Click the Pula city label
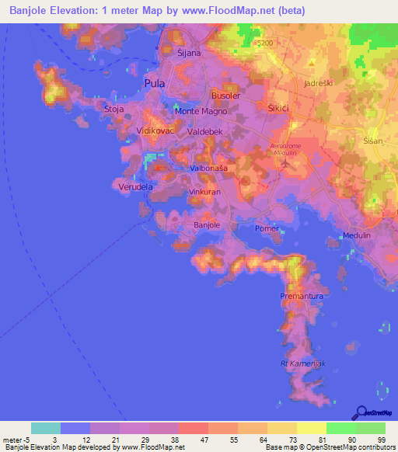pyautogui.click(x=155, y=83)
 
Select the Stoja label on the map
pyautogui.click(x=114, y=110)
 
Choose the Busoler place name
pyautogui.click(x=226, y=96)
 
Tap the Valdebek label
pyautogui.click(x=205, y=133)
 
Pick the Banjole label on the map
pyautogui.click(x=206, y=225)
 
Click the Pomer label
pyautogui.click(x=267, y=228)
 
